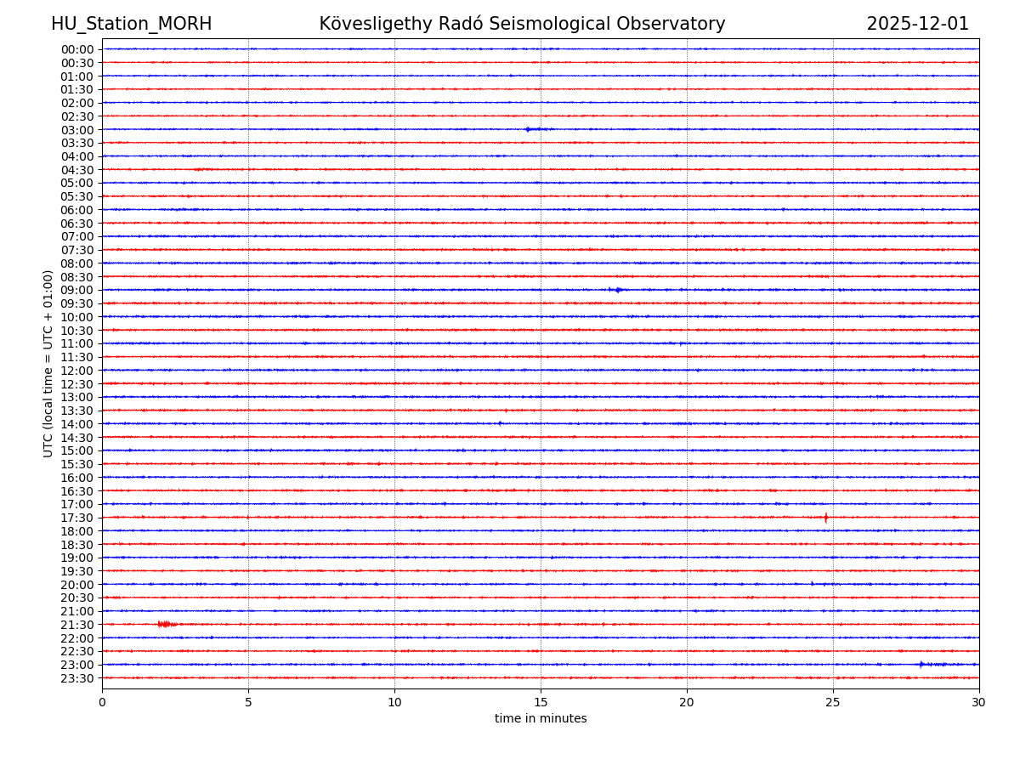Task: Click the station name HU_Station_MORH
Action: point(131,24)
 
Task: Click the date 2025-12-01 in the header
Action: point(917,24)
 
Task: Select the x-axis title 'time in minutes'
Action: point(541,719)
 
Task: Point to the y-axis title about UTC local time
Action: point(48,363)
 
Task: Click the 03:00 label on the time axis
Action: point(77,129)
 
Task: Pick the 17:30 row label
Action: point(77,518)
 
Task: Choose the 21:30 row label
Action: point(77,625)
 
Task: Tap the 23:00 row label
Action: point(77,665)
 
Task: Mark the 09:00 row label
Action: point(77,290)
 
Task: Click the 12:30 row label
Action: point(77,384)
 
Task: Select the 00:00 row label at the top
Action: point(77,49)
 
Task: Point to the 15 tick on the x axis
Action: point(541,702)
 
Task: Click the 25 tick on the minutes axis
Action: point(833,702)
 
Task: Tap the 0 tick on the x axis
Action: point(102,702)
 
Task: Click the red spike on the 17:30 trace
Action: point(825,517)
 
